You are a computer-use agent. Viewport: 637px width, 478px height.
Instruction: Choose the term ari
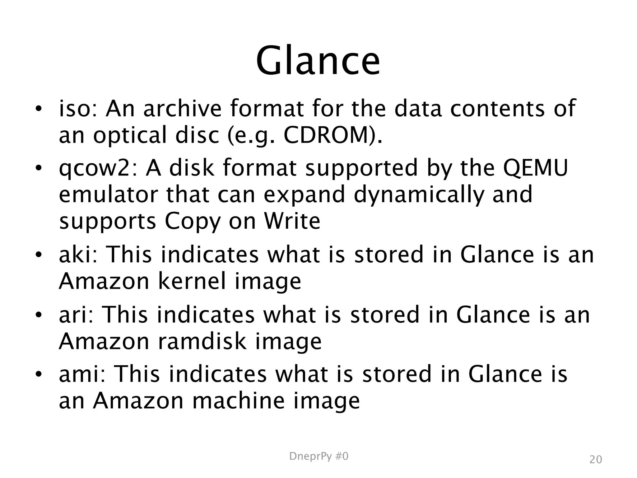pos(76,315)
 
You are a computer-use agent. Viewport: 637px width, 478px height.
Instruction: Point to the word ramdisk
pos(202,341)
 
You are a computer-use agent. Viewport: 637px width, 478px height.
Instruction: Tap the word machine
pos(238,401)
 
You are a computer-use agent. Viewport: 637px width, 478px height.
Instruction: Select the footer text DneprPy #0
pos(318,457)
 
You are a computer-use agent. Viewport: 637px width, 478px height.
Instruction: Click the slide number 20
pos(596,460)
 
